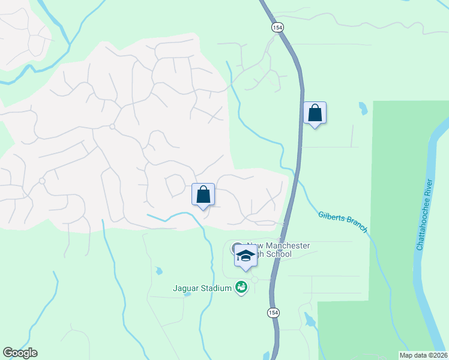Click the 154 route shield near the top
(x=277, y=28)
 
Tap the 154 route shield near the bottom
(x=273, y=313)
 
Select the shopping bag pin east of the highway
(x=315, y=113)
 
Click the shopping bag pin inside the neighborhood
(x=203, y=194)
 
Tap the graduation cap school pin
(x=245, y=256)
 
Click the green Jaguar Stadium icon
(x=241, y=288)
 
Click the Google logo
(x=20, y=353)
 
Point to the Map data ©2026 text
(x=423, y=355)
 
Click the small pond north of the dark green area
(x=363, y=109)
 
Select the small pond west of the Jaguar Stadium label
(x=158, y=271)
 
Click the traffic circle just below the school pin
(x=255, y=280)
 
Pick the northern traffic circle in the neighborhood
(x=112, y=127)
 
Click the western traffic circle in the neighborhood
(x=42, y=181)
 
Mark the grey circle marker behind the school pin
(x=236, y=248)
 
